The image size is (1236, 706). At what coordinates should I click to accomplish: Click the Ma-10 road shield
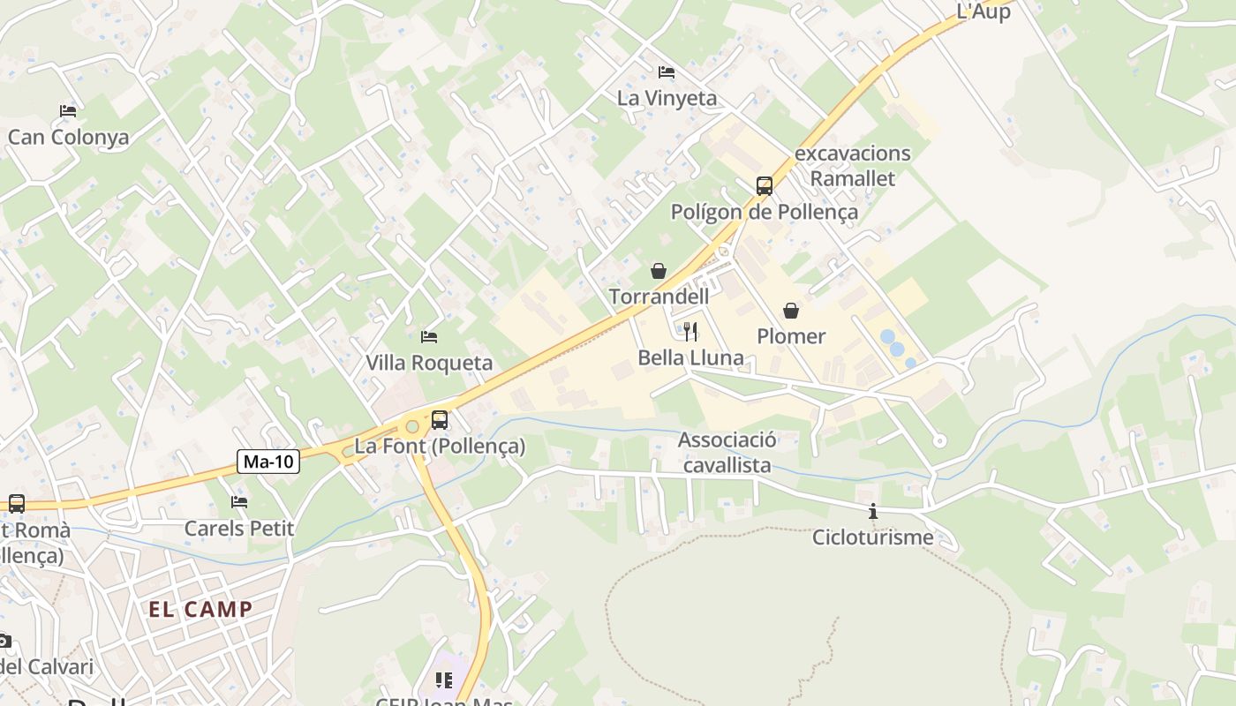click(269, 461)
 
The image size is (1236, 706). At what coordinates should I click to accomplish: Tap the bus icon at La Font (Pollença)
click(440, 420)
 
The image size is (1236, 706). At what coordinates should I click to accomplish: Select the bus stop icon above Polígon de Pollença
click(765, 186)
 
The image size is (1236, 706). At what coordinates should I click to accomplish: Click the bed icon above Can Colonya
click(68, 111)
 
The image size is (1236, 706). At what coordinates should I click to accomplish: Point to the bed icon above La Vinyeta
click(667, 72)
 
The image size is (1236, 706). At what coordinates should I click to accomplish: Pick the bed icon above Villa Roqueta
click(429, 337)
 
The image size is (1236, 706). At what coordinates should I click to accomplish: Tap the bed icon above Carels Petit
click(239, 502)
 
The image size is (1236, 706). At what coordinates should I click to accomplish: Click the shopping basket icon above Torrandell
click(659, 271)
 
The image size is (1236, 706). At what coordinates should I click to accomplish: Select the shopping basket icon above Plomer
click(791, 311)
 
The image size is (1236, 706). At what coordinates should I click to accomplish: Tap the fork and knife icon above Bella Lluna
click(690, 332)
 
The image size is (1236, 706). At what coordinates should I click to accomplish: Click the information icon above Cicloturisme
click(873, 511)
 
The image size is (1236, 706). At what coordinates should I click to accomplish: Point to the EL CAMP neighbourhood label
click(200, 609)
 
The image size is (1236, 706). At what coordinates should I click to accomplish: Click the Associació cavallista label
click(727, 453)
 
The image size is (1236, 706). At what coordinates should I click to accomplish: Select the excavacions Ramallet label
click(853, 166)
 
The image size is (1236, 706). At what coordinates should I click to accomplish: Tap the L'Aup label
click(984, 12)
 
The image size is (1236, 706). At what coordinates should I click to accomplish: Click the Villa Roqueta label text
click(429, 363)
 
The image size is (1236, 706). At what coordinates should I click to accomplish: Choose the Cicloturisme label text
click(873, 537)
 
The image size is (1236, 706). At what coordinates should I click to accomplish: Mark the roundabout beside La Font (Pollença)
click(412, 427)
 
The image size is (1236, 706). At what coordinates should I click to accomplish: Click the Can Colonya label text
click(69, 137)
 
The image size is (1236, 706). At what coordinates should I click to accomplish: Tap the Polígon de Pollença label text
click(765, 212)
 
